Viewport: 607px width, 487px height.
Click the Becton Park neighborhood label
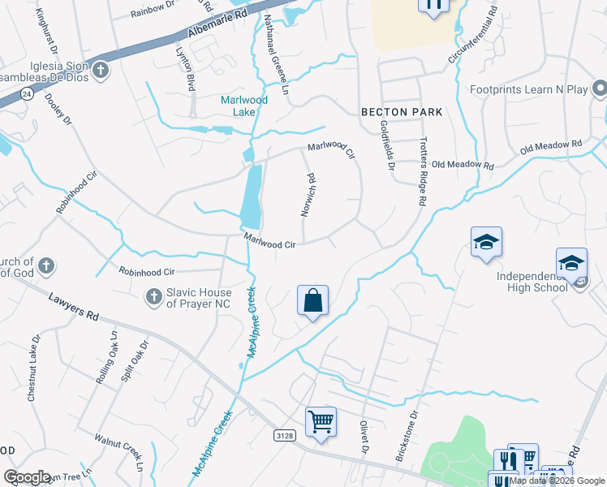click(402, 112)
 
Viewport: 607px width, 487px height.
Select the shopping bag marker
click(312, 302)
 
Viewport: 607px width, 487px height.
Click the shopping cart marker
click(321, 423)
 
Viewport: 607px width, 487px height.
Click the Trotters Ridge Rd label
click(423, 173)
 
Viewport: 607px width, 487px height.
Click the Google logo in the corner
click(28, 477)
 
